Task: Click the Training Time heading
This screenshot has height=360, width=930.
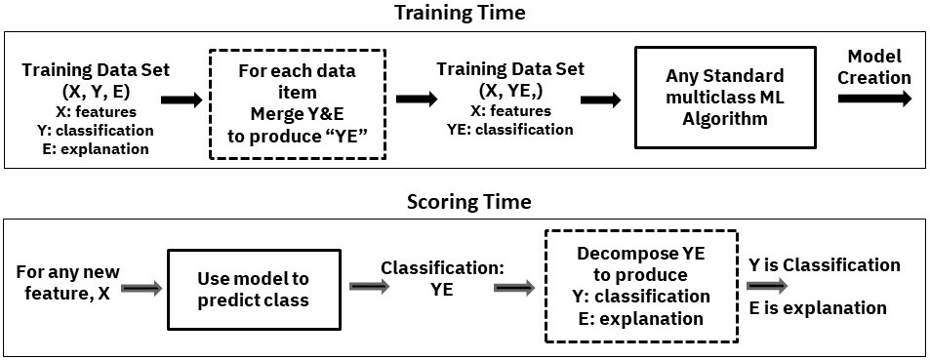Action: coord(460,13)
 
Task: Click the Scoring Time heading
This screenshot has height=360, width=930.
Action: coord(468,202)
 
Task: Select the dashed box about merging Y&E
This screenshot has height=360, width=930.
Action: coord(298,103)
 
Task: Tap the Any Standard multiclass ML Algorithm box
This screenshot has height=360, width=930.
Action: coord(725,97)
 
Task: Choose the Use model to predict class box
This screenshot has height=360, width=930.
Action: coord(254,288)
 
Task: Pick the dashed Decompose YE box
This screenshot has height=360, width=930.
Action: coord(640,286)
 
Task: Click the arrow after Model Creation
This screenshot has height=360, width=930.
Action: coord(874,99)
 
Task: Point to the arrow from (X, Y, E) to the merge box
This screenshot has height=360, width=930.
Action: coord(181,100)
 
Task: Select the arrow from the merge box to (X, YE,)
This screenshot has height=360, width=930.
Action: coord(417,99)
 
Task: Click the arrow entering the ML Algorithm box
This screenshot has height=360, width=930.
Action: coord(601,100)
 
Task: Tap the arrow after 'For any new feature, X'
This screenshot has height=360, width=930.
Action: coord(142,289)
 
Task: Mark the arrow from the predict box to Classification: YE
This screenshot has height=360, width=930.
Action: coord(369,287)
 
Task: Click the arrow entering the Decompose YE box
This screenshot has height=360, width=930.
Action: coord(514,287)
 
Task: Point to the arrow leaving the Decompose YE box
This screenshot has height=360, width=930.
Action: coord(767,286)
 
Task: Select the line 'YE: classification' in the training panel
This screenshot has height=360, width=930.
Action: coord(510,130)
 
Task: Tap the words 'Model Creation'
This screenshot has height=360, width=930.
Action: coord(874,67)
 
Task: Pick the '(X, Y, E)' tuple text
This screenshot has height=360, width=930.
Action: coord(96,92)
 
